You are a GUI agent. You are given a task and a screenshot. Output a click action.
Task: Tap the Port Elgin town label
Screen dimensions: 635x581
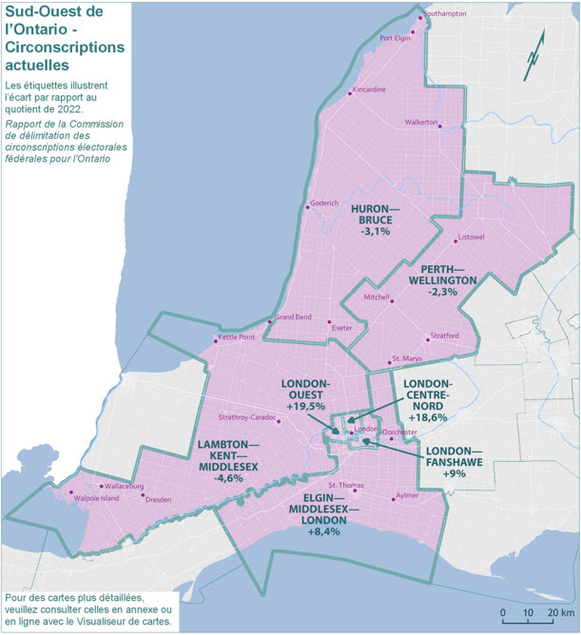[x=394, y=39]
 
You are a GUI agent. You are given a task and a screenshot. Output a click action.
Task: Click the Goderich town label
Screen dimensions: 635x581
[x=323, y=202]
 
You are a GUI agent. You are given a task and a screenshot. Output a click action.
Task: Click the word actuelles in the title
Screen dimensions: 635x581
[x=37, y=67]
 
